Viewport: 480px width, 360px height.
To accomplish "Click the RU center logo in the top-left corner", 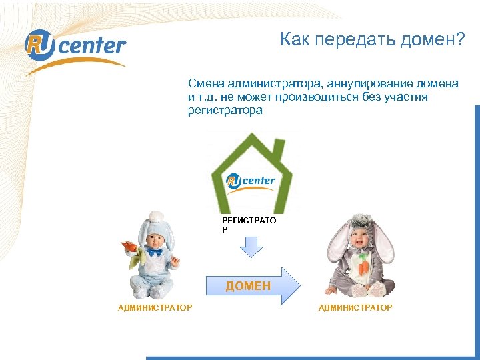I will click(x=75, y=46).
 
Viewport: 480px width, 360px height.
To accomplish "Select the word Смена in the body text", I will click(x=205, y=83).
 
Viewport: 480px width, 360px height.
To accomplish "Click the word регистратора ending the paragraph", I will click(x=225, y=111).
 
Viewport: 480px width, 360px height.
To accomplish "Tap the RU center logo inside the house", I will click(x=251, y=181).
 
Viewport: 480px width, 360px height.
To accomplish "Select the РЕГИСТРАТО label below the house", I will click(x=249, y=219).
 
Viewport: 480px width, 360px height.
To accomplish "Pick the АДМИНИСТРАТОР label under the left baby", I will click(x=155, y=307).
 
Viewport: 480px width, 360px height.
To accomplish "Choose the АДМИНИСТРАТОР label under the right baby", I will click(x=355, y=307).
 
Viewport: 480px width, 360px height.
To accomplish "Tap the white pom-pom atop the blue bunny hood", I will click(x=155, y=216).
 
